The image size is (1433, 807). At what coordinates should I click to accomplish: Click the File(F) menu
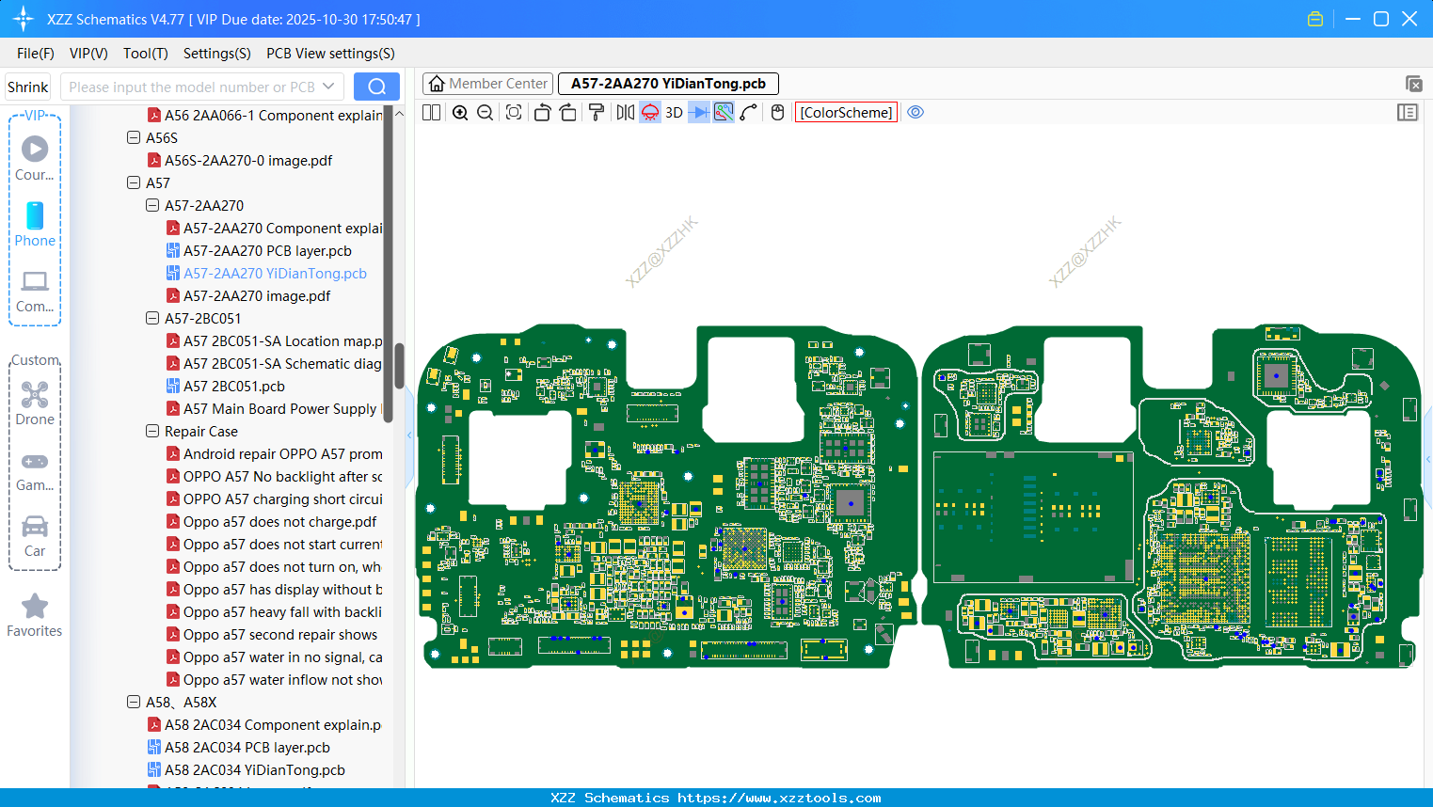[x=35, y=54]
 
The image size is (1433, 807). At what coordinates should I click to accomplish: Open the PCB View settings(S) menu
[x=330, y=54]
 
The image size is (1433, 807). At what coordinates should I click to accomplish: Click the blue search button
[x=376, y=87]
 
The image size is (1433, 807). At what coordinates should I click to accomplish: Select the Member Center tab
[x=488, y=84]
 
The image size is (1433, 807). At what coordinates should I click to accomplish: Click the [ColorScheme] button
[x=846, y=112]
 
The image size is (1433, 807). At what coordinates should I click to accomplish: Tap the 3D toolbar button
[x=674, y=112]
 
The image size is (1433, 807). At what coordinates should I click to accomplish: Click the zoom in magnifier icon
[x=460, y=112]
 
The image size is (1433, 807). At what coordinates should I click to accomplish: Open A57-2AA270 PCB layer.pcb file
[x=267, y=251]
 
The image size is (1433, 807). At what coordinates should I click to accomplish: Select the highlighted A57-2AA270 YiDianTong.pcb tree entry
[x=275, y=274]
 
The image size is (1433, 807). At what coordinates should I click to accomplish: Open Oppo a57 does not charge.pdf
[x=279, y=522]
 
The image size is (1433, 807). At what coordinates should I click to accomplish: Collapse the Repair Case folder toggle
[x=152, y=431]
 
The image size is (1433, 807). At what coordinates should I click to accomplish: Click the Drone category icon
[x=35, y=395]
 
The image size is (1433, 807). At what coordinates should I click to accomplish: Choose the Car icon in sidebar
[x=35, y=527]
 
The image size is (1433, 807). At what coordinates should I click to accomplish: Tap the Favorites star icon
[x=35, y=607]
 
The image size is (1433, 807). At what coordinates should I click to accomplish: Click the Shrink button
[x=27, y=87]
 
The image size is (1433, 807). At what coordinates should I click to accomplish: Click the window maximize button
[x=1380, y=19]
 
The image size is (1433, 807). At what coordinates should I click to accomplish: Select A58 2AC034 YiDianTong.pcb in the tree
[x=254, y=770]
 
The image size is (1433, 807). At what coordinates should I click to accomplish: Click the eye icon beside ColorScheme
[x=915, y=112]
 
